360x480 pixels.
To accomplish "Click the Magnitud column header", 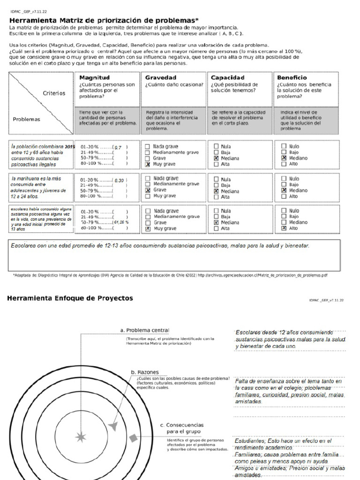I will point(94,77).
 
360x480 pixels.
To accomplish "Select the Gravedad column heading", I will point(160,77).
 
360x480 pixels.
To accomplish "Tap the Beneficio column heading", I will point(292,77).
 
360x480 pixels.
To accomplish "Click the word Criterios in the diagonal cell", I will point(54,93).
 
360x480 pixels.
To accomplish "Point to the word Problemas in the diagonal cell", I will point(26,119).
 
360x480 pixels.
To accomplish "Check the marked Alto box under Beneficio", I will point(284,228).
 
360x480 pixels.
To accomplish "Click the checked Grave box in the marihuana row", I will point(148,190).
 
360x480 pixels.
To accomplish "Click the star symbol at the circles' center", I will point(81,437).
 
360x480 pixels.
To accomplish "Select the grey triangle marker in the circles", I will point(112,426).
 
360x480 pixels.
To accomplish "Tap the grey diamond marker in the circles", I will point(134,438).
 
